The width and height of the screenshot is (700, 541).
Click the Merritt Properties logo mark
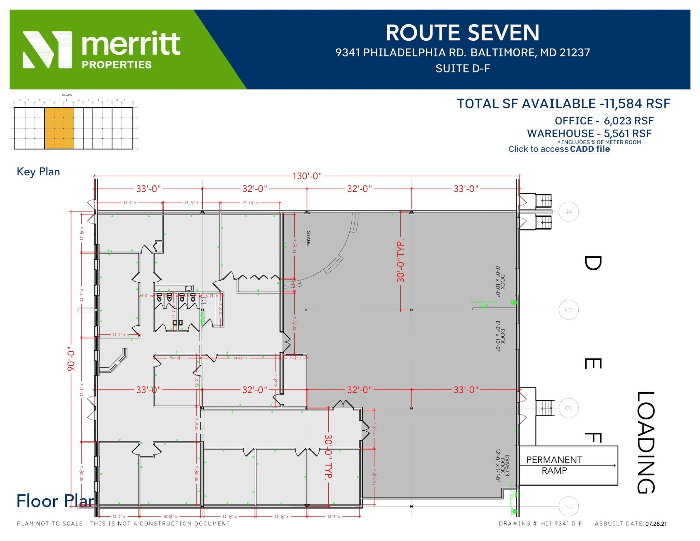click(47, 50)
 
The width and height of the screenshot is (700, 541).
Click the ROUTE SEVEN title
click(462, 33)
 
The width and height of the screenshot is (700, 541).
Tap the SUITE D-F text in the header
click(462, 69)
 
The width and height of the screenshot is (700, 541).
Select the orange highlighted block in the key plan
click(59, 128)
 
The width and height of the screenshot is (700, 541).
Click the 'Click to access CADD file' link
click(559, 149)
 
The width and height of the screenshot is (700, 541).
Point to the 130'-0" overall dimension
click(307, 176)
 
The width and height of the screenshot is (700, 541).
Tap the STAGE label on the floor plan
click(308, 238)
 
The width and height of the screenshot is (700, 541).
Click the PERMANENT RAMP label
click(554, 465)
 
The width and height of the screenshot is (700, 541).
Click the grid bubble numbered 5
click(568, 310)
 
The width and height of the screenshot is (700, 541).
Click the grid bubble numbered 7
click(568, 506)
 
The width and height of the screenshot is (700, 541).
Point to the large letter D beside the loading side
click(593, 263)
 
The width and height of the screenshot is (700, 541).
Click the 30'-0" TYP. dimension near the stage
click(401, 261)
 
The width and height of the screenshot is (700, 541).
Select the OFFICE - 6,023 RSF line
click(604, 121)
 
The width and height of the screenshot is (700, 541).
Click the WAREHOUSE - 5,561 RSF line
click(589, 134)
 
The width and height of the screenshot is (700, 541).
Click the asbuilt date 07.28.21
click(656, 524)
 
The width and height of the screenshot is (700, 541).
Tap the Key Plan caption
click(38, 172)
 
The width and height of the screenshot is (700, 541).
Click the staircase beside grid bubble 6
click(543, 408)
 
